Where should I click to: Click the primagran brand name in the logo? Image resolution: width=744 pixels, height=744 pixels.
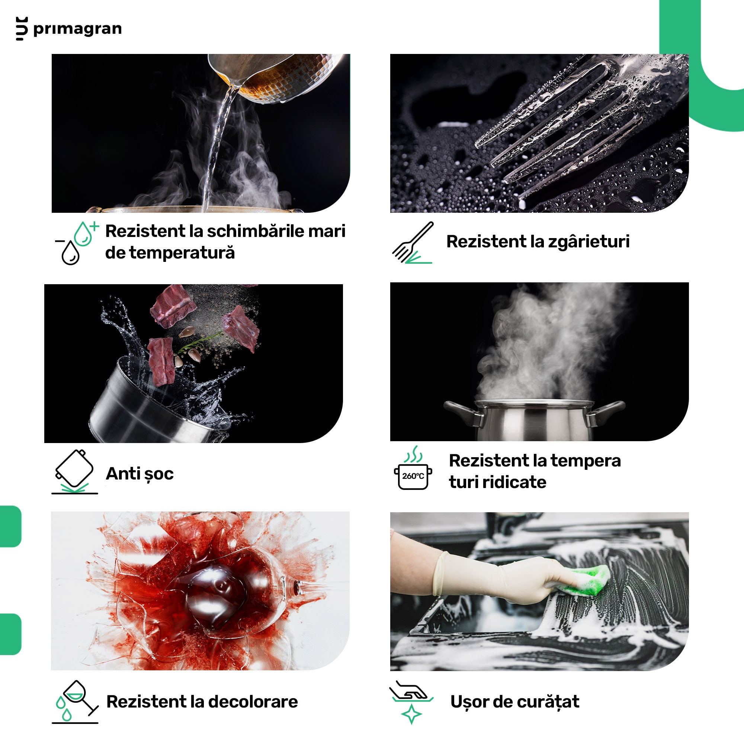[x=77, y=29]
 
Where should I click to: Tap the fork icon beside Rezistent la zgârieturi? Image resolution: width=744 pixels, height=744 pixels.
[x=413, y=243]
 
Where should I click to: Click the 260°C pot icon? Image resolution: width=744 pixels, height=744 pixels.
[x=413, y=468]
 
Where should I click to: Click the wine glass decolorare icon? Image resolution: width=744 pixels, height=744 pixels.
[x=76, y=702]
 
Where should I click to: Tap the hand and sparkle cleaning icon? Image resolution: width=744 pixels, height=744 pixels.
[x=411, y=702]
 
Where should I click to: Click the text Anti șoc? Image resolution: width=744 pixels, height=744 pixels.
[x=140, y=474]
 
